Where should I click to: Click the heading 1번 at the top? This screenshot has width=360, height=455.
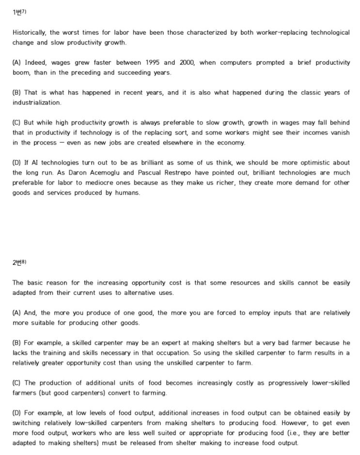tap(18, 12)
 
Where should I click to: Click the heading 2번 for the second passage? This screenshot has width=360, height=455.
tap(18, 262)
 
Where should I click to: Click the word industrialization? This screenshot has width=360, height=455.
tap(37, 103)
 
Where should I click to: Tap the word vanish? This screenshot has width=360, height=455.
tap(339, 133)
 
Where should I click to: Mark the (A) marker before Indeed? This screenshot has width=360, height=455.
tap(17, 62)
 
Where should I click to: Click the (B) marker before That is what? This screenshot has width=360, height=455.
tap(17, 92)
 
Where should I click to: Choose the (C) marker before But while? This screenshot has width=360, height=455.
tap(17, 123)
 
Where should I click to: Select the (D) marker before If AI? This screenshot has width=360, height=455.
tap(17, 163)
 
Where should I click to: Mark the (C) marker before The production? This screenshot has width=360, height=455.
tap(17, 383)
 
